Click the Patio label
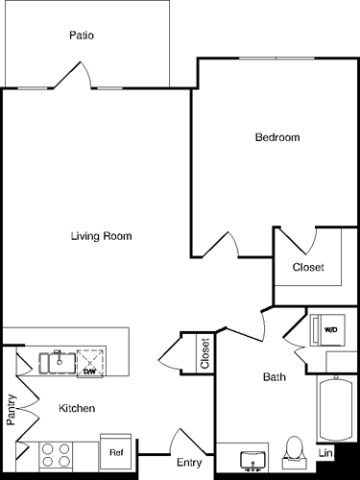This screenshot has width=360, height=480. [x=81, y=36]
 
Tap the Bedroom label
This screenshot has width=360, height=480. [x=276, y=137]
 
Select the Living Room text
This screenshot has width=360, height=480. [x=101, y=236]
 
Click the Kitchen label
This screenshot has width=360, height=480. [x=76, y=408]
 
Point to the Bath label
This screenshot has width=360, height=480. [x=274, y=377]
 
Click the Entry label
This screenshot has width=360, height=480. [x=189, y=464]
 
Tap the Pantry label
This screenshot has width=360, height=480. [x=12, y=409]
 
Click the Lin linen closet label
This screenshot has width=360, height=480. [x=326, y=452]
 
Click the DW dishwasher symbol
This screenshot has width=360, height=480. [x=89, y=364]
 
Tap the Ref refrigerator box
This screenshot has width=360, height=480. [x=115, y=449]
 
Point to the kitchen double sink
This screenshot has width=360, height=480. [x=57, y=362]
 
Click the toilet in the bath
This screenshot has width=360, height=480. [x=295, y=454]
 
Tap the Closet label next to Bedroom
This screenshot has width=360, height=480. [x=308, y=267]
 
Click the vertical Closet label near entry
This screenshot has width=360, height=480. [x=204, y=352]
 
